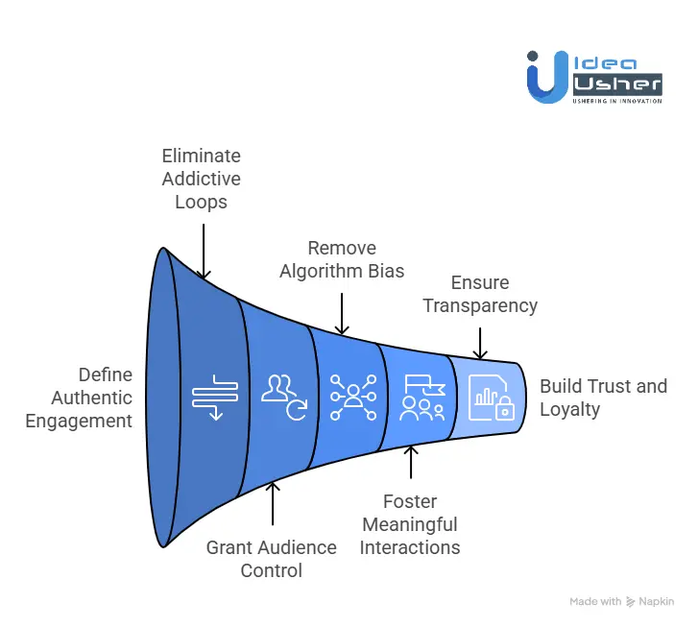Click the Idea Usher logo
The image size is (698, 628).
594,78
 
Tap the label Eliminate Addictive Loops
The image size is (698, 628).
202,179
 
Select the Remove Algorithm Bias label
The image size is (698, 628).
342,259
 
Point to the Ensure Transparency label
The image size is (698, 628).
480,294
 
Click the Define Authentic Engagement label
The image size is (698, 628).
79,398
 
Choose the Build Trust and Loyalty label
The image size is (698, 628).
603,398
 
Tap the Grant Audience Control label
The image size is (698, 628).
271,559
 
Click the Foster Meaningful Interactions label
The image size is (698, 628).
410,524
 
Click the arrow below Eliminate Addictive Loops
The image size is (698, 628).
204,252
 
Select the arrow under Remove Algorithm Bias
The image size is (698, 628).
342,313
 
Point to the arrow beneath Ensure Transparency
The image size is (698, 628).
480,343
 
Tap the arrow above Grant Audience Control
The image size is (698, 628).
273,504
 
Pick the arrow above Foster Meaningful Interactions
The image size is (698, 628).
411,463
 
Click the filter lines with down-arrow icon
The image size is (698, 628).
215,398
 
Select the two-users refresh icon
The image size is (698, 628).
284,398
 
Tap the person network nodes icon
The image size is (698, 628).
353,398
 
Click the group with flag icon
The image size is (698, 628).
422,398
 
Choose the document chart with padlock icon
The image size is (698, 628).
492,398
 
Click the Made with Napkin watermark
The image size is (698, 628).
622,602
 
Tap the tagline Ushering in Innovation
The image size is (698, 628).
617,101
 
